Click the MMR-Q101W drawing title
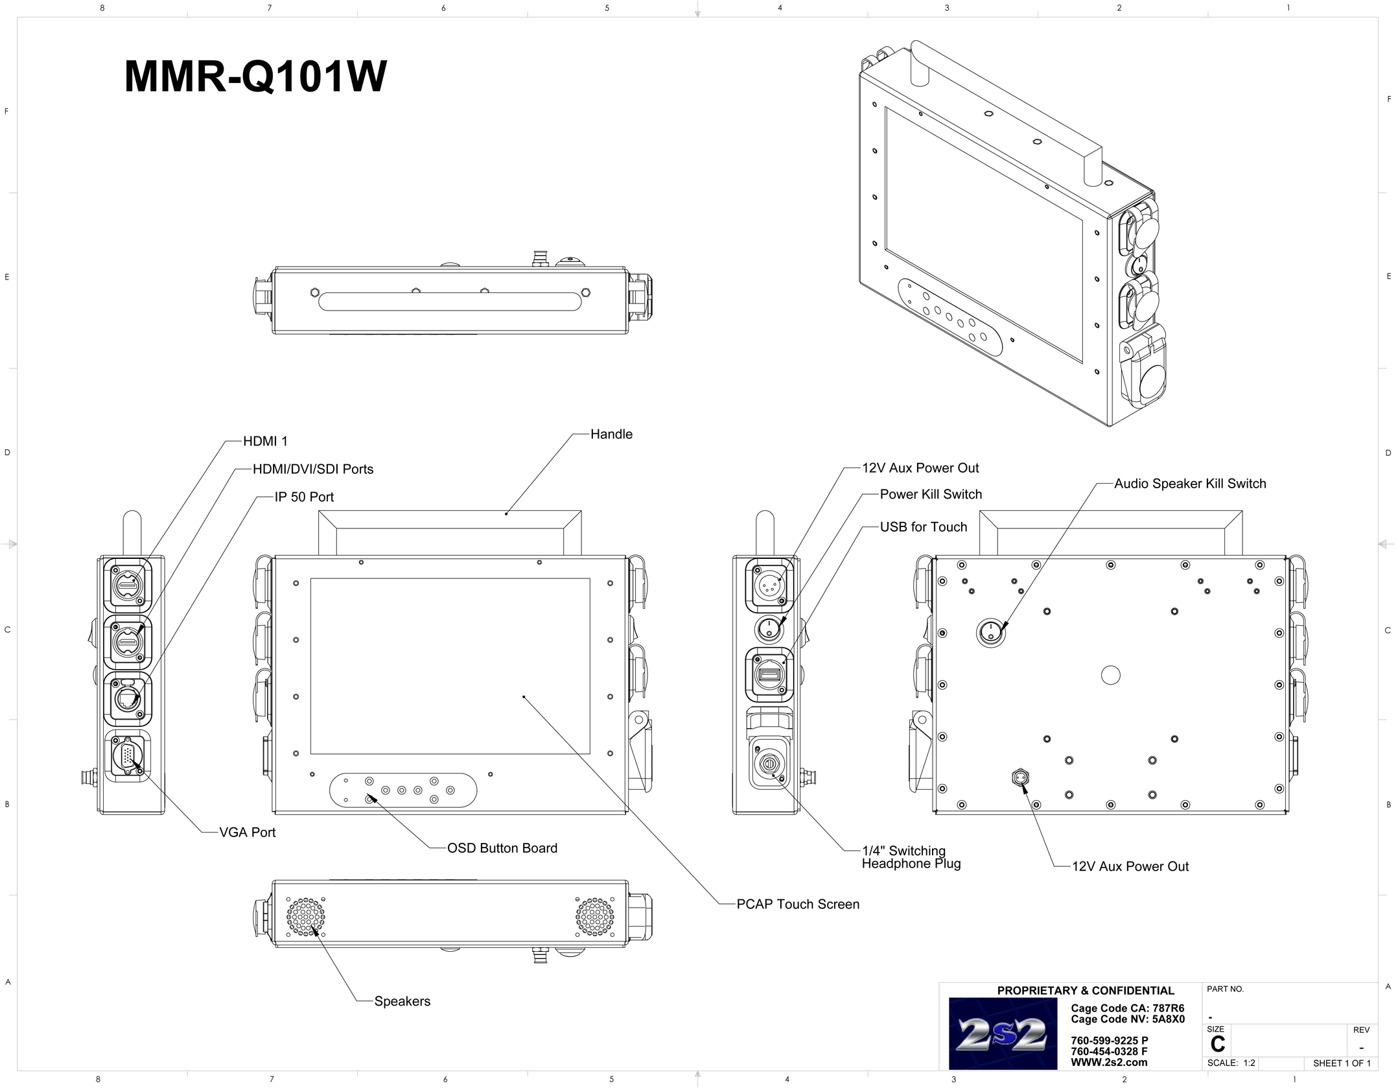click(255, 77)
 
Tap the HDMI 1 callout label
click(265, 442)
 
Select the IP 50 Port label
click(304, 497)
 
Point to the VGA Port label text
click(247, 833)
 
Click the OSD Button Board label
click(502, 848)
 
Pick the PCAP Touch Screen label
click(797, 905)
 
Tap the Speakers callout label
click(402, 1001)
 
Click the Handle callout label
click(611, 434)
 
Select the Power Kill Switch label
click(930, 495)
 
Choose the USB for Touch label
click(923, 527)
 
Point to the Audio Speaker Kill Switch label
click(1189, 484)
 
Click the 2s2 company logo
click(1002, 1034)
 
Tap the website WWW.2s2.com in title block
click(1108, 1063)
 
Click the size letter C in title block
click(1217, 1044)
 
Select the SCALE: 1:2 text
click(1231, 1063)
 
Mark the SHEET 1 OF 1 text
click(1341, 1063)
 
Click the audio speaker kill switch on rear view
click(991, 632)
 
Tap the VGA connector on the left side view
click(126, 756)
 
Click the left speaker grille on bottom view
click(305, 917)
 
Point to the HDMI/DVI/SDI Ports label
click(312, 469)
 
